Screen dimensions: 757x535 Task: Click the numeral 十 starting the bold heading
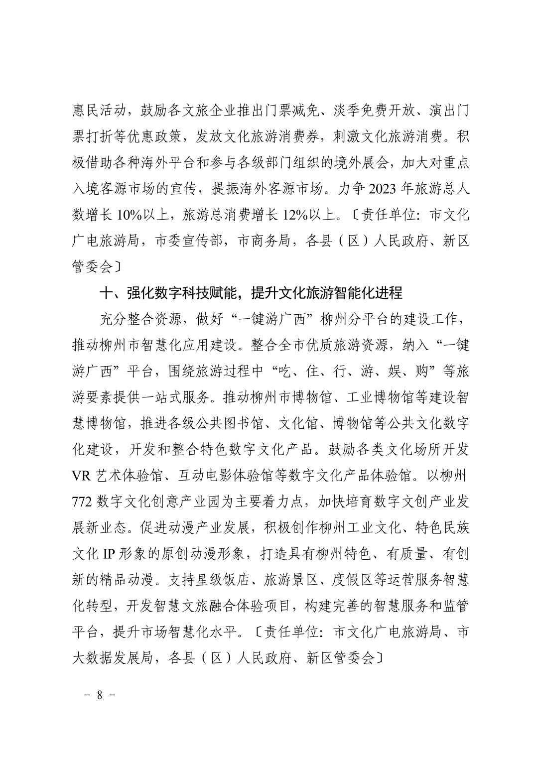pyautogui.click(x=106, y=293)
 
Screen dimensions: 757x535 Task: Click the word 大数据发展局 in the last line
pyautogui.click(x=112, y=658)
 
